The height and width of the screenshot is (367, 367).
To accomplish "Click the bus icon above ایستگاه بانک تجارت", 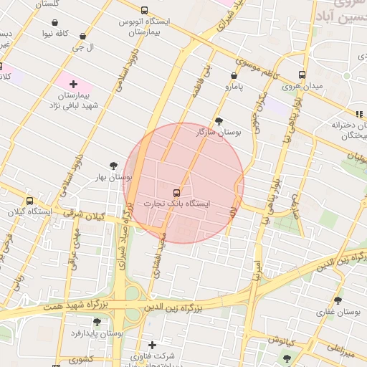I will pos(176,192).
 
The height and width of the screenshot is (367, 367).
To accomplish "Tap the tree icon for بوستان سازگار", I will pos(219,121).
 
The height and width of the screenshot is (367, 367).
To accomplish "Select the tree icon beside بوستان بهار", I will pos(113,166).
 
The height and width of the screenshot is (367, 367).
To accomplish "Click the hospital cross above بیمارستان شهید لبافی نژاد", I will pos(73,85).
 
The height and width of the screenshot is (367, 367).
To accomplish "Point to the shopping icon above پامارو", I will pos(234,75).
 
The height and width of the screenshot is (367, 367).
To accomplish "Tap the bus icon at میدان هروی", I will pos(302,75).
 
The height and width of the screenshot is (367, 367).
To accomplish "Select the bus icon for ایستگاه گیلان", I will pos(29,201).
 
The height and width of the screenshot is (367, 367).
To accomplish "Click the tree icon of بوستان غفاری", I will pos(338,301).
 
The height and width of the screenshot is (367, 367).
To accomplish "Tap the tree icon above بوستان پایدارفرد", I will pos(97,323).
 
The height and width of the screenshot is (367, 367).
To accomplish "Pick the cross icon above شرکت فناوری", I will pos(152,345).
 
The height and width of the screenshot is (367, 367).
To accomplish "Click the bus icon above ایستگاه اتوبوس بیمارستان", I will pos(145,11).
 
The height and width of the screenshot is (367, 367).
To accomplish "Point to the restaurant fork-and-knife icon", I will pos(358,113).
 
